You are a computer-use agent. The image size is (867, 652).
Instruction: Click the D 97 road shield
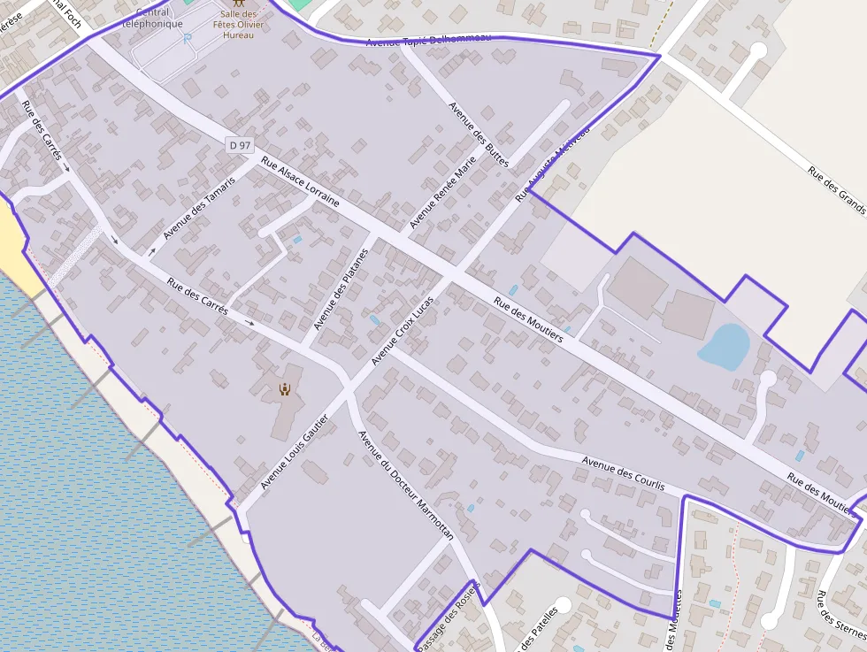pyautogui.click(x=239, y=144)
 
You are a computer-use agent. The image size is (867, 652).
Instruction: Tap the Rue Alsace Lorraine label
pyautogui.click(x=300, y=181)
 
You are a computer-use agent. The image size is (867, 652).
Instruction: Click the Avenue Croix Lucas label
pyautogui.click(x=403, y=329)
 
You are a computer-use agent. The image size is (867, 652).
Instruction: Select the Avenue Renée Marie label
pyautogui.click(x=442, y=192)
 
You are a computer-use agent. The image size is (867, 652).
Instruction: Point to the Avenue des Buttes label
pyautogui.click(x=479, y=134)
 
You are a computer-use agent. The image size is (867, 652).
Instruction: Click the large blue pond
pyautogui.click(x=725, y=347)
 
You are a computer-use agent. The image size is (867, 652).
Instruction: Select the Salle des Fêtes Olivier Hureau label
pyautogui.click(x=238, y=24)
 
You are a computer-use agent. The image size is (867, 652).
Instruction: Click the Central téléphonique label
pyautogui.click(x=152, y=19)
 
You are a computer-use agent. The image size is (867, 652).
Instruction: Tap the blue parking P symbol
pyautogui.click(x=187, y=38)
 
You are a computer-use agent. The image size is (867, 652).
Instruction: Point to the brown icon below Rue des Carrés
pyautogui.click(x=285, y=388)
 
